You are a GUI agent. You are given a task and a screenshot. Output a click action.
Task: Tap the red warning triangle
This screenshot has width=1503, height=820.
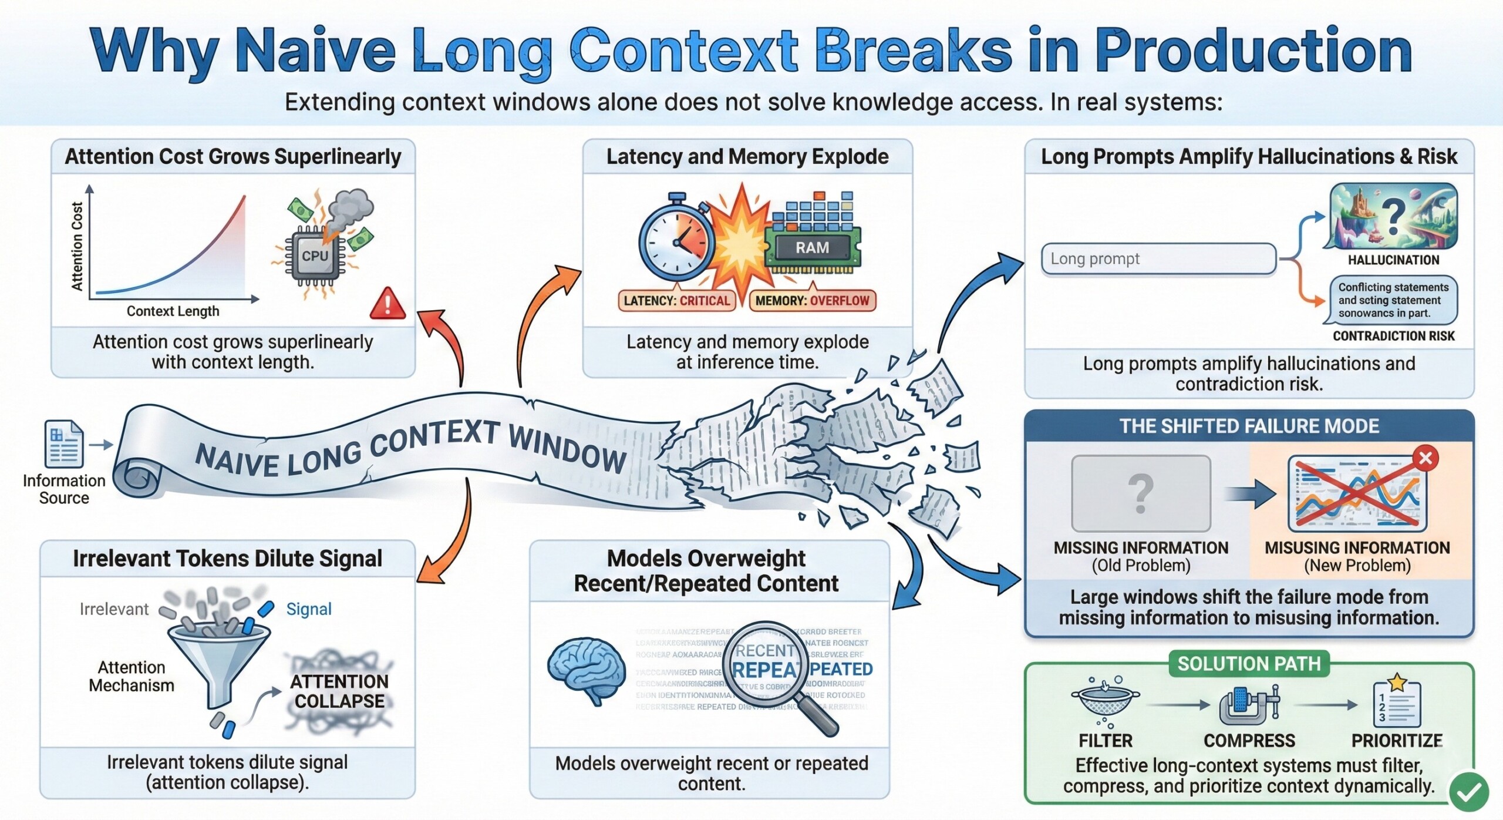pyautogui.click(x=387, y=304)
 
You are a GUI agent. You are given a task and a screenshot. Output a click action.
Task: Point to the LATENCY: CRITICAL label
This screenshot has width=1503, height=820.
pyautogui.click(x=676, y=301)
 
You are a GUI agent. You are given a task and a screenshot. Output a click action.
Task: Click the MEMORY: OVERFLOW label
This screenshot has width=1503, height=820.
pyautogui.click(x=812, y=301)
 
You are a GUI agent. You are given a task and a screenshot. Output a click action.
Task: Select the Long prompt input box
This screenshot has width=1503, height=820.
pyautogui.click(x=1158, y=259)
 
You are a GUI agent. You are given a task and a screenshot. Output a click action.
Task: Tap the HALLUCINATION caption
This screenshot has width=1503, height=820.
pyautogui.click(x=1393, y=260)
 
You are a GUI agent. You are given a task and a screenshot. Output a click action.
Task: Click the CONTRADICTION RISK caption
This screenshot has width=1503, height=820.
pyautogui.click(x=1393, y=336)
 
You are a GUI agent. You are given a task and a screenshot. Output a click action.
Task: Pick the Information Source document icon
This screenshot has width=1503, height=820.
pyautogui.click(x=64, y=444)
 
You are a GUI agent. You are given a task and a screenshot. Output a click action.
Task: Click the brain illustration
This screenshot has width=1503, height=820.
pyautogui.click(x=586, y=670)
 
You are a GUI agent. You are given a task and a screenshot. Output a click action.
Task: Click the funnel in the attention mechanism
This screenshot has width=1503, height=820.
pyautogui.click(x=218, y=658)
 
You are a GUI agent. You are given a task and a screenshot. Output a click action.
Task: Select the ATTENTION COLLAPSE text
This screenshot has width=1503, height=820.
pyautogui.click(x=339, y=691)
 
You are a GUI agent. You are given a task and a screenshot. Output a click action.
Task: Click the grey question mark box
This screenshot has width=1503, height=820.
pyautogui.click(x=1140, y=493)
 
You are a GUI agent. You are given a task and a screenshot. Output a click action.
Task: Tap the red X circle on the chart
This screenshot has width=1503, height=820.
pyautogui.click(x=1426, y=458)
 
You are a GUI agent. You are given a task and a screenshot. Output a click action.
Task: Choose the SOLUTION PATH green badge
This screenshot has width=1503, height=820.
pyautogui.click(x=1249, y=664)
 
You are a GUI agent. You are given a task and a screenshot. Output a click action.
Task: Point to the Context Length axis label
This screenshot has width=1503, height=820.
pyautogui.click(x=173, y=311)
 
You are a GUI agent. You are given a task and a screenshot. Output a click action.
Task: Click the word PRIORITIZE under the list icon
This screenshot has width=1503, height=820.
pyautogui.click(x=1397, y=741)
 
